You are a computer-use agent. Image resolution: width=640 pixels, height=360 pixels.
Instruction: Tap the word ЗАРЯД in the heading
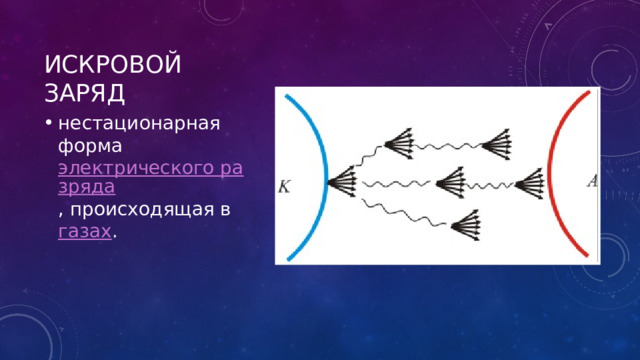(83, 95)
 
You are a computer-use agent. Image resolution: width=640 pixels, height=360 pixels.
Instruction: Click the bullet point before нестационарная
(49, 123)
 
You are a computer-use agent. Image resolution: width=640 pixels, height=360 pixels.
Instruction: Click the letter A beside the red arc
(591, 181)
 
